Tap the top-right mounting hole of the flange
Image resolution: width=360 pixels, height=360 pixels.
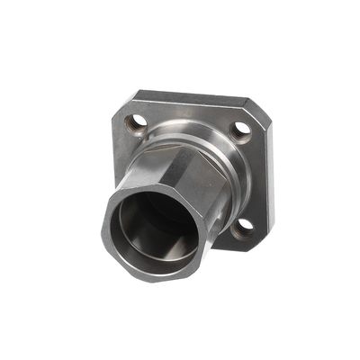pos(241,130)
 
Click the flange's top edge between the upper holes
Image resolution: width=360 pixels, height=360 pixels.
pos(193,97)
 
